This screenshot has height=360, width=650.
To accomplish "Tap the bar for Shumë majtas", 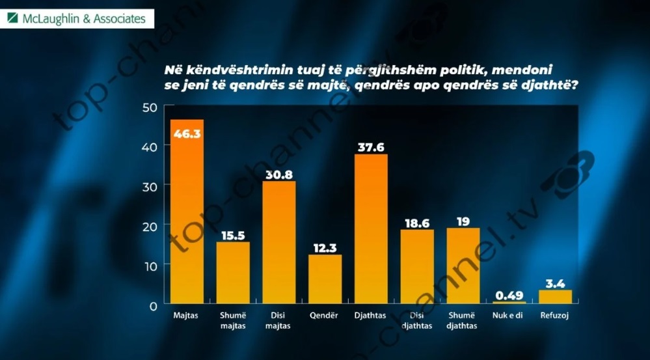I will tap(233, 273).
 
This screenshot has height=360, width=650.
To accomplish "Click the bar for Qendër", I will tap(325, 279).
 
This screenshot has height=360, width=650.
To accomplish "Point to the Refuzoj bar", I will tap(555, 297).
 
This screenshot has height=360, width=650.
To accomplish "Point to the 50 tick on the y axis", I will tap(150, 107).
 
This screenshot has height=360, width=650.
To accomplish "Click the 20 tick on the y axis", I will tap(150, 226).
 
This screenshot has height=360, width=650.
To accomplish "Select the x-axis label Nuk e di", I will tap(509, 316).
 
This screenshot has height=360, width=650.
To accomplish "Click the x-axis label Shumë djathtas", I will tap(463, 320).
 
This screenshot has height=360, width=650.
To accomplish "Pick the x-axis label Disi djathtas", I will tap(417, 320).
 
